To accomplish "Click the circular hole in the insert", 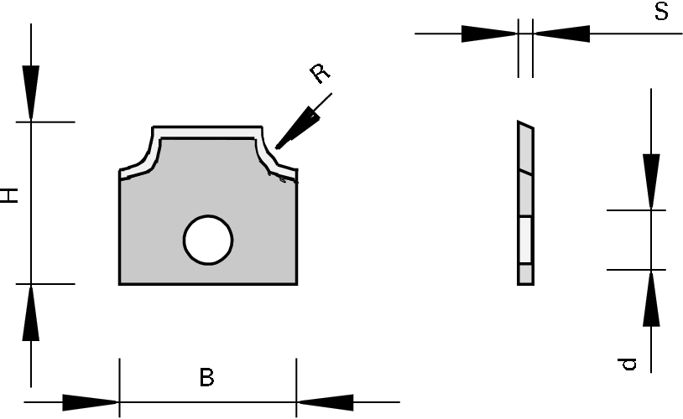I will pos(208,241).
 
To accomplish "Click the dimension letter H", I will pos(9,196).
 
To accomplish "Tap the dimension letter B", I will pos(206,378).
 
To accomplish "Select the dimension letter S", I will pos(661,13).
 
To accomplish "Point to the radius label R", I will pos(320,74).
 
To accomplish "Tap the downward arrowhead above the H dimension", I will pos(31,92).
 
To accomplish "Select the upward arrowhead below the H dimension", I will pos(31,312).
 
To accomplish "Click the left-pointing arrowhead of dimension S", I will pos(561,34).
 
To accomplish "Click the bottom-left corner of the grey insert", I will pos(121,283).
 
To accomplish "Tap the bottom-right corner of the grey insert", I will pos(295,283).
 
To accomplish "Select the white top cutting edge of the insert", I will pos(206,132).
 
